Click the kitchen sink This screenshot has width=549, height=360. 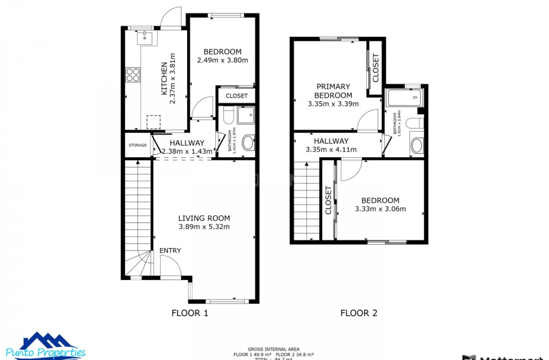point(144,38)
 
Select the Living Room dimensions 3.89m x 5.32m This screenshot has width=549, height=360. point(204,227)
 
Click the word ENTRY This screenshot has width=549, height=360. point(170,250)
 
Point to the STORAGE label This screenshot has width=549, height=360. point(137,145)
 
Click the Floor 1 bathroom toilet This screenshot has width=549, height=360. point(228,116)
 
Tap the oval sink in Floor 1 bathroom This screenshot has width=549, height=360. point(248,143)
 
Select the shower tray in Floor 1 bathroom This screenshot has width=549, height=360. point(246,115)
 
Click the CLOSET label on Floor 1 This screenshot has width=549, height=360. point(236,96)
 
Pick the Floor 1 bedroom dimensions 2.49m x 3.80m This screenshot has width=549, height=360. point(222,60)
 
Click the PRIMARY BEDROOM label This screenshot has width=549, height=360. point(333,91)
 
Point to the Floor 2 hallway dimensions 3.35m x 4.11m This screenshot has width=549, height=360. point(331,150)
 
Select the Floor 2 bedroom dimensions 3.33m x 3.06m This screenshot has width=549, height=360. point(380,209)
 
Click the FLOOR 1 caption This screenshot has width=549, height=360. point(190,313)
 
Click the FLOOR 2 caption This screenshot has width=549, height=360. point(359,313)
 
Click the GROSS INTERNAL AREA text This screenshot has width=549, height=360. point(273,349)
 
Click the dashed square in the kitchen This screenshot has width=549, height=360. point(153,122)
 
